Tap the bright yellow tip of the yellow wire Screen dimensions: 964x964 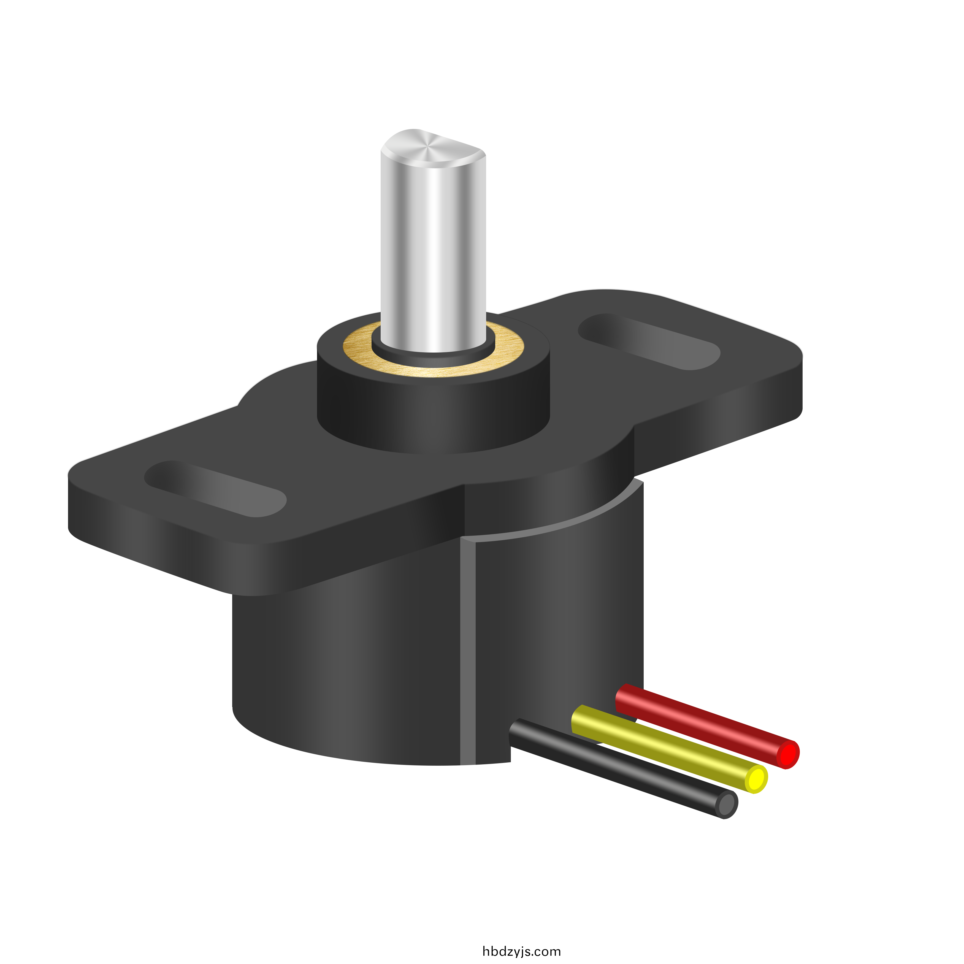point(756,778)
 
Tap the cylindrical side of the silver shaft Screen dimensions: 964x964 point(433,250)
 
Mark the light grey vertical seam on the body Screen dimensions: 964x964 point(467,649)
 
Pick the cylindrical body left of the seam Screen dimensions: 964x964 point(344,674)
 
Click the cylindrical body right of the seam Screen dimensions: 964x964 point(559,624)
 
